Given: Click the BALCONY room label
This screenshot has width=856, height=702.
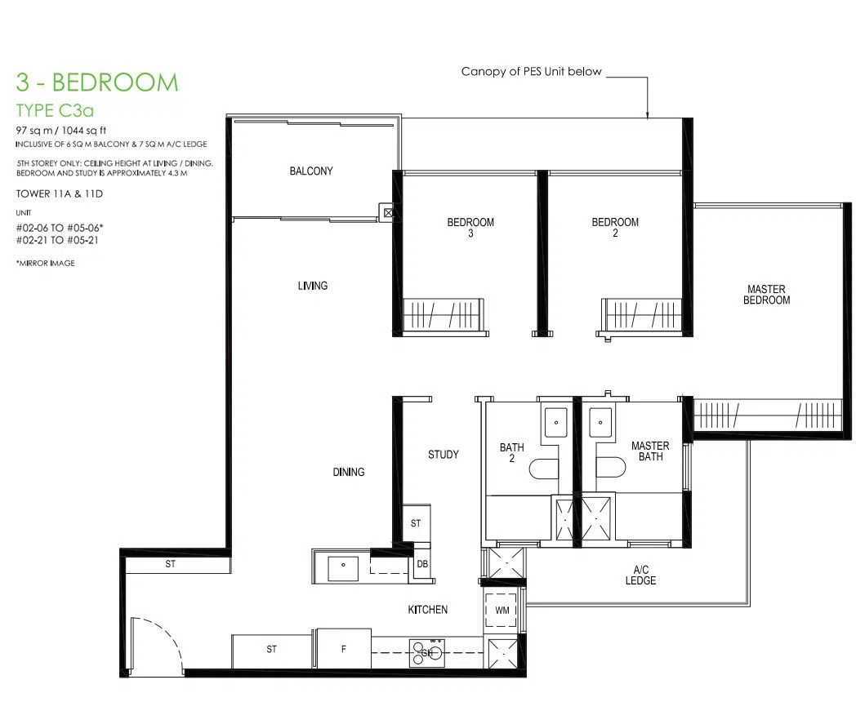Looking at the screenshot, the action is [311, 171].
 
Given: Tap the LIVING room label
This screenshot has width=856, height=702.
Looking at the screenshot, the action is [313, 285].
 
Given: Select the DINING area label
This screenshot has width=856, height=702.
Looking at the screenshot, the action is [349, 472].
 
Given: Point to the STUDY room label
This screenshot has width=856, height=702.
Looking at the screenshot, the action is [444, 455].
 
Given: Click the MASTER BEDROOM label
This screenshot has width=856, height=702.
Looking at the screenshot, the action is [766, 295].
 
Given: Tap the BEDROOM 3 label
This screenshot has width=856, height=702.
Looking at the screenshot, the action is [470, 228].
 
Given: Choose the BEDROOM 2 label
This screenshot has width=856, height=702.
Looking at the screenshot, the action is [615, 228].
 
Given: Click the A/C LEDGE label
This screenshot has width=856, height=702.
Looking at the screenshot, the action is [641, 575].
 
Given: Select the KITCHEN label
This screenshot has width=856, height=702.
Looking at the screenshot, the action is [428, 609].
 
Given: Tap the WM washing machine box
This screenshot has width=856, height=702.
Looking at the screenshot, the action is [502, 610].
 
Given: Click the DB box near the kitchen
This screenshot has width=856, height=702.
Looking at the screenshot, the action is [422, 564].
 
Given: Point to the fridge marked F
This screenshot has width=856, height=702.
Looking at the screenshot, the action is [344, 649].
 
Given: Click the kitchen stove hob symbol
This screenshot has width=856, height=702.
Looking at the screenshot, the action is [427, 653].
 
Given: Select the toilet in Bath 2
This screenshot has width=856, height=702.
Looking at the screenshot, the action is [544, 469].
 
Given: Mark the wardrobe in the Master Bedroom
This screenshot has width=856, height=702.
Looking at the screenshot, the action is [767, 415].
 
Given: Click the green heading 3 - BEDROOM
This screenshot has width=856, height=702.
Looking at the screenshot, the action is [97, 82].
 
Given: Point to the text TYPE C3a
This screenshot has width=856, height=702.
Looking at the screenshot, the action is [55, 111].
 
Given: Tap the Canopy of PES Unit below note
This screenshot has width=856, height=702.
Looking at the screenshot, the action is [531, 72].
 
